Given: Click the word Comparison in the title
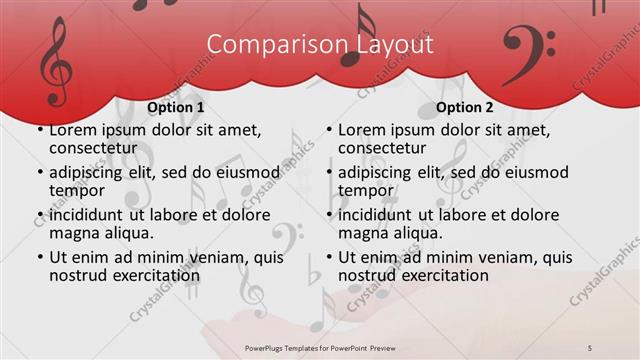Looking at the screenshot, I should pyautogui.click(x=266, y=45).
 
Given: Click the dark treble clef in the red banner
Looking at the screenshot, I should pyautogui.click(x=55, y=61).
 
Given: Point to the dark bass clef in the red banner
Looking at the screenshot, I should pyautogui.click(x=528, y=48).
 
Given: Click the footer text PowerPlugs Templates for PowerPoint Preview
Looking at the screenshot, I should pyautogui.click(x=320, y=347).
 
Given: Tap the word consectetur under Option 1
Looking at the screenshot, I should pyautogui.click(x=92, y=148).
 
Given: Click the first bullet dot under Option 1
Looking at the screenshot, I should pyautogui.click(x=39, y=131).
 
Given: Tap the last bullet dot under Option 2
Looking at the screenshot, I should pyautogui.click(x=328, y=258).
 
